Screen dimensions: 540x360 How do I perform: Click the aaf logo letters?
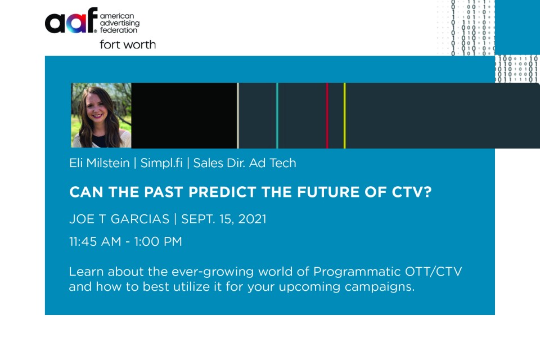(71, 20)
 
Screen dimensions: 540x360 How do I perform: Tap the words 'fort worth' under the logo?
(128, 44)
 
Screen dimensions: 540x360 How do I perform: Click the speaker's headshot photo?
(101, 115)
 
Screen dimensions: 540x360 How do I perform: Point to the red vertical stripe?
(327, 115)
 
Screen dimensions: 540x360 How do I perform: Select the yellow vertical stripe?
(344, 115)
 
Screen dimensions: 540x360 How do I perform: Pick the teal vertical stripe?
(277, 115)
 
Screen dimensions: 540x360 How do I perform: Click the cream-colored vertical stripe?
(237, 115)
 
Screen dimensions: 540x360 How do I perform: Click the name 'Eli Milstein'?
(99, 163)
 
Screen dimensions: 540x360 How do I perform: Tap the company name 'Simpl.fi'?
(161, 163)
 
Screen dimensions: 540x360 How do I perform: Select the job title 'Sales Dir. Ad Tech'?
(245, 163)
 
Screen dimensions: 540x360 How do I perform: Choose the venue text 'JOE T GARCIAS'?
(119, 219)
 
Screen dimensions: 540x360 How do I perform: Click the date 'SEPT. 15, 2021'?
(224, 219)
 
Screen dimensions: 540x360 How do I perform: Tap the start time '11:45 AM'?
(96, 241)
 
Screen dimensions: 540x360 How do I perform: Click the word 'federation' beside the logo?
(119, 30)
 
